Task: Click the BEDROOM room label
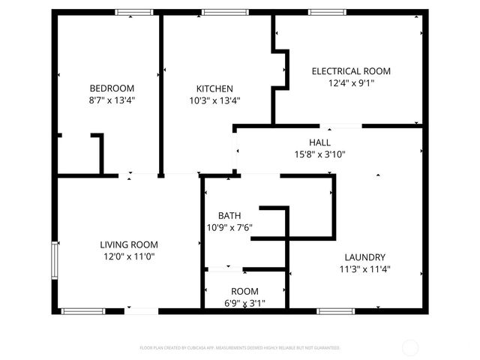112,88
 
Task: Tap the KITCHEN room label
214,88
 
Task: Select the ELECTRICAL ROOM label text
351,71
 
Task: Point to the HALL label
319,142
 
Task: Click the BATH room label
229,216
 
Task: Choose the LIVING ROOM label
129,244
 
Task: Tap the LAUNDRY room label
365,256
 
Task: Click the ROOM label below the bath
244,292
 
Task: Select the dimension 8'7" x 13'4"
112,100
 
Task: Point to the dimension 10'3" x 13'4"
214,100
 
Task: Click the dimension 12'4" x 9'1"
351,83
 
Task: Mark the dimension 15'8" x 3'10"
319,154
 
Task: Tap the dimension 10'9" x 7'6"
229,228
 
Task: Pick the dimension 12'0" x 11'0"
129,256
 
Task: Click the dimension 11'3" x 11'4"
365,268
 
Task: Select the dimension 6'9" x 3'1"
244,304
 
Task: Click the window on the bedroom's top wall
133,12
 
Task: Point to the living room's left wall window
53,260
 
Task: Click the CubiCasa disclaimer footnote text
240,348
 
